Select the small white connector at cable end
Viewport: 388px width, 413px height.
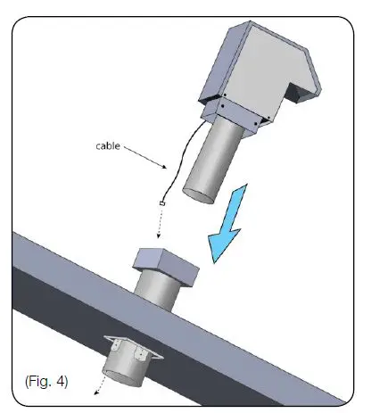(x=161, y=205)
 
